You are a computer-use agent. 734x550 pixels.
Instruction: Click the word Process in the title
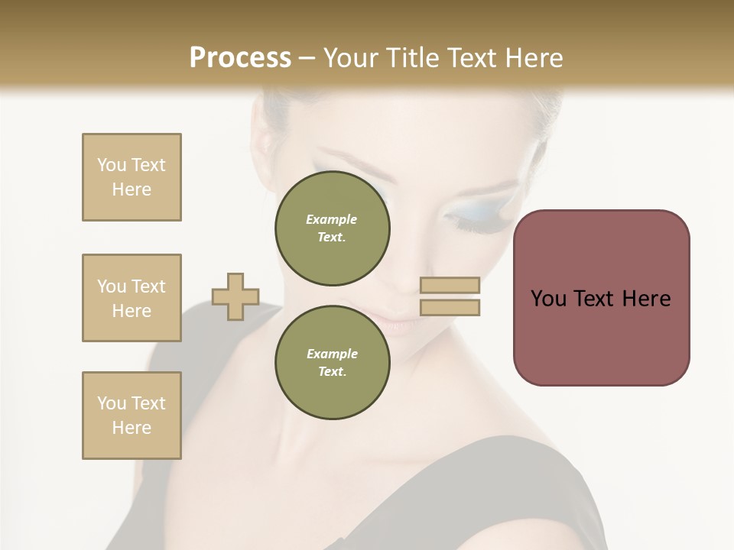point(240,57)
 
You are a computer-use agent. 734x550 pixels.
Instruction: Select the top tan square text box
point(132,177)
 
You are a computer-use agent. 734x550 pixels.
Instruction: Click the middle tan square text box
point(132,298)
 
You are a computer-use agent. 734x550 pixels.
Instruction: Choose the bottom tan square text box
point(132,416)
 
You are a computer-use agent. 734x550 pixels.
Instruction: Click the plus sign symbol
point(235,296)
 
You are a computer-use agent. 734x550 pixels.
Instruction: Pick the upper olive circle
point(333,228)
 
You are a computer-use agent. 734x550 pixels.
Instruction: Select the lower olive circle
point(333,363)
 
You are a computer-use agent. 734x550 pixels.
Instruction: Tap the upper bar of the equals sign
point(450,285)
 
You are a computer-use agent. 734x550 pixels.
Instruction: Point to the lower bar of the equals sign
point(450,307)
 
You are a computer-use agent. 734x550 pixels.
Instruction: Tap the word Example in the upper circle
point(331,219)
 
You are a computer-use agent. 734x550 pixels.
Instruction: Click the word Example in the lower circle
point(331,354)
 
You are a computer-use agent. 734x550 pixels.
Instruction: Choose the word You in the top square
point(111,165)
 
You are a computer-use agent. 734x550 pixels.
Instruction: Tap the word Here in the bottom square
point(132,428)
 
